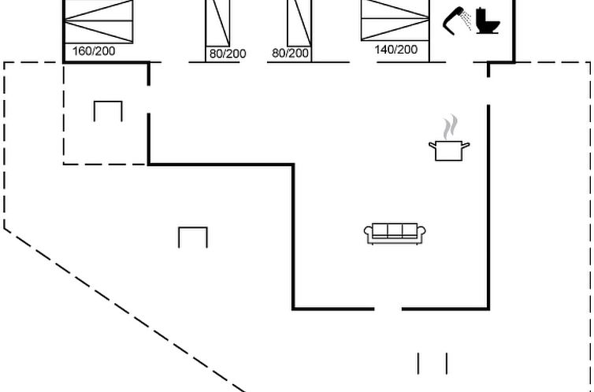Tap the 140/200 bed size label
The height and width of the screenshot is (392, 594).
[x=396, y=49]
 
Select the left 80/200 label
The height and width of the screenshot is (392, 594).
[x=227, y=54]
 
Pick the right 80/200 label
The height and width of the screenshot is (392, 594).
[x=290, y=54]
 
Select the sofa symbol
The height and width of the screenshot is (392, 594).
[x=395, y=233]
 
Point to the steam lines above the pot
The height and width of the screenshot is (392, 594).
[x=449, y=126]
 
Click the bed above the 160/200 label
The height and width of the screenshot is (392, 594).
[x=98, y=20]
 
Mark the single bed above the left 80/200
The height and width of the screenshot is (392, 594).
[x=217, y=22]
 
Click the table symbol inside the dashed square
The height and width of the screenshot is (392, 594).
[x=108, y=111]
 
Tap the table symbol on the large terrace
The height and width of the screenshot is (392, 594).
[x=193, y=236]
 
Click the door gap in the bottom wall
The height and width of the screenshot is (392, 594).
[x=388, y=309]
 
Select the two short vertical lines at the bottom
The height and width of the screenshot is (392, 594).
[x=432, y=363]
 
